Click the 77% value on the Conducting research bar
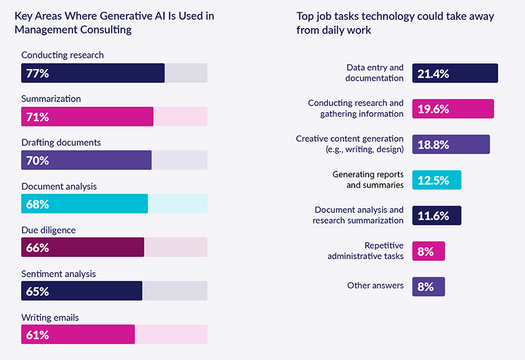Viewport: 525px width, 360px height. tap(37, 74)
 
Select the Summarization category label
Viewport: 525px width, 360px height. tap(51, 99)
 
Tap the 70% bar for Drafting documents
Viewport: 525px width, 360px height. tap(86, 160)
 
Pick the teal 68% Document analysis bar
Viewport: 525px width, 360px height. tap(85, 204)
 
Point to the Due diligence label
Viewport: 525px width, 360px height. tap(48, 230)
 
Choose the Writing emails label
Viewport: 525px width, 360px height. tap(50, 317)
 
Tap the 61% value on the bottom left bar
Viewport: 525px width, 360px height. tap(37, 335)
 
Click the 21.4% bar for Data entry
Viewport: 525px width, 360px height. tap(455, 73)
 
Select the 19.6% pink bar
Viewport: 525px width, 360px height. tap(453, 109)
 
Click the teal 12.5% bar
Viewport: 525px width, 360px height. tap(436, 180)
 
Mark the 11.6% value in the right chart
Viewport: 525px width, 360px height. tap(433, 216)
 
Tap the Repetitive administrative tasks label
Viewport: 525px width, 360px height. tap(365, 251)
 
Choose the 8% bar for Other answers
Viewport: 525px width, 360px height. tap(428, 286)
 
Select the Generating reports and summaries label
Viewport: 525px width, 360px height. tap(367, 179)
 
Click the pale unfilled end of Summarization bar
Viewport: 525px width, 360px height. tap(180, 117)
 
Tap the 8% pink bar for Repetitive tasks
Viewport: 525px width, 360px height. tap(428, 251)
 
